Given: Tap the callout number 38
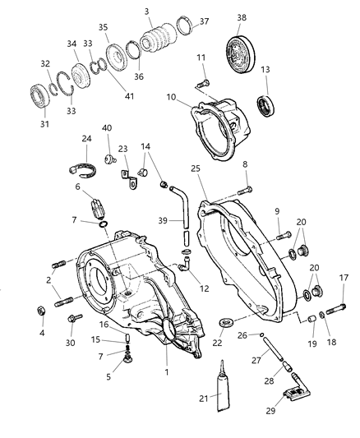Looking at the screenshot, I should [242, 17].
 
